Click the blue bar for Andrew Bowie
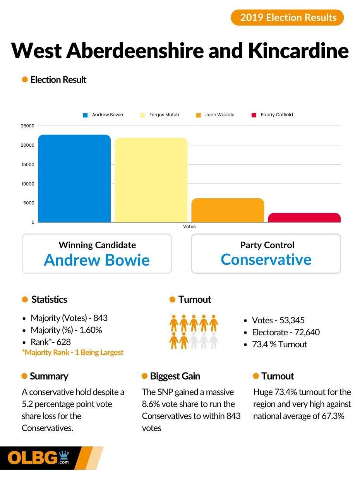(x=74, y=178)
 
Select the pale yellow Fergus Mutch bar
(x=151, y=180)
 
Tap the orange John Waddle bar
(x=228, y=210)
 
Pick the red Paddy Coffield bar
(x=304, y=218)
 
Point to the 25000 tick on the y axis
(x=27, y=126)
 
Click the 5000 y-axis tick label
(x=29, y=203)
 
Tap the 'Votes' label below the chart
(x=189, y=227)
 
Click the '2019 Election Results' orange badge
(x=287, y=17)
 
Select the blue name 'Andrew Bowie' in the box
(x=97, y=260)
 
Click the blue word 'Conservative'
(x=266, y=259)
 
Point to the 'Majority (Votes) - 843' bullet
(x=69, y=318)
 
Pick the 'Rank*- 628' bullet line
(x=51, y=342)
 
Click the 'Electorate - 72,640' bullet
(x=286, y=332)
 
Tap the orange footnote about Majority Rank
(x=73, y=352)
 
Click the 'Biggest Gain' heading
(x=175, y=376)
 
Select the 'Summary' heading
(x=49, y=376)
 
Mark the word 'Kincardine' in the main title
(x=298, y=50)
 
